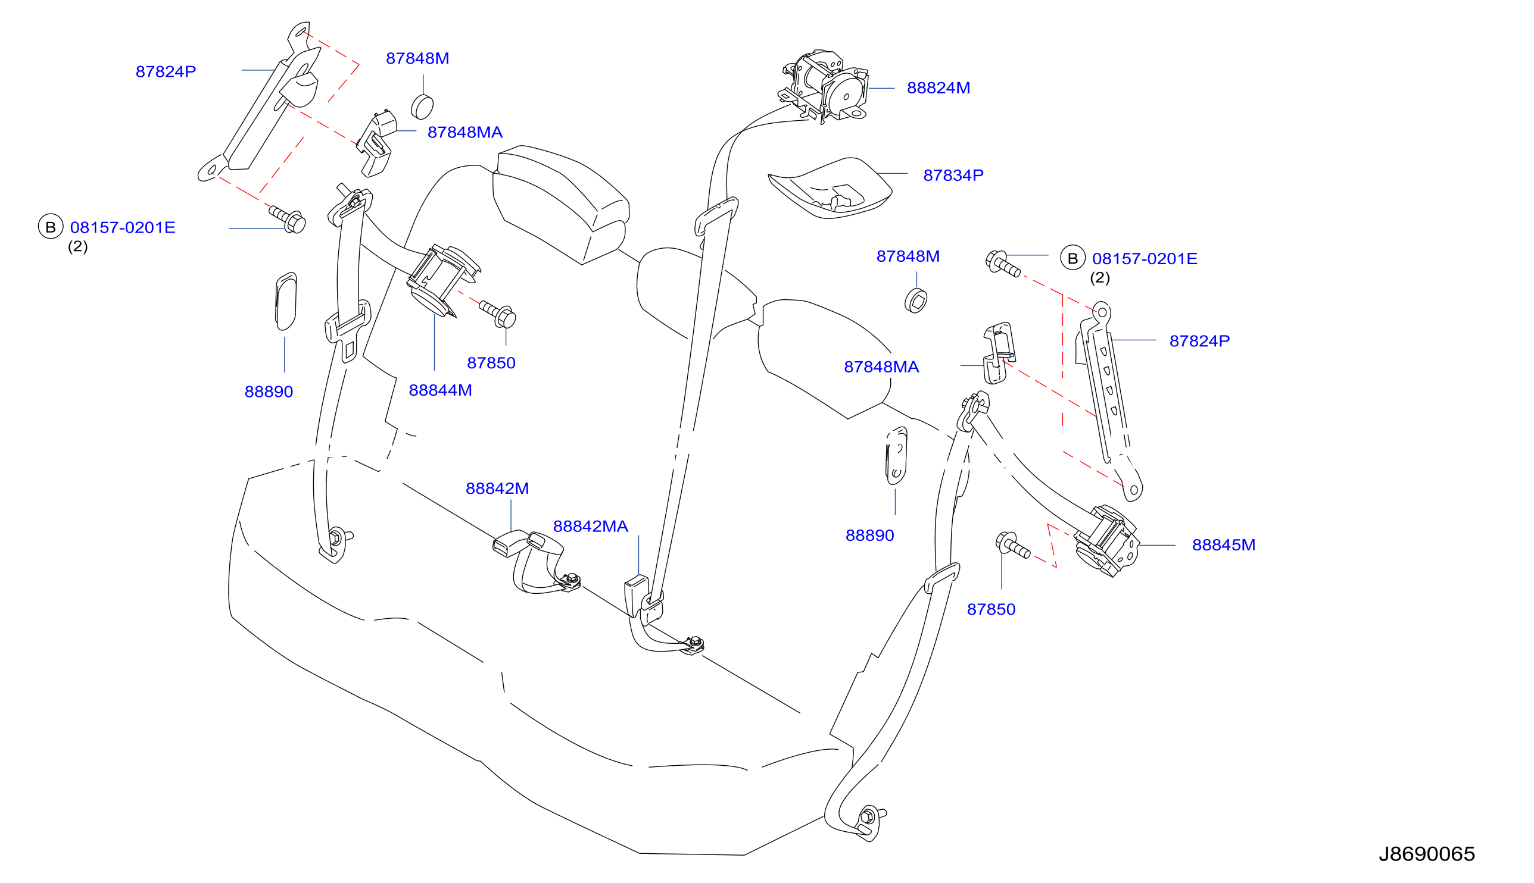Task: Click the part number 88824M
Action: tap(938, 88)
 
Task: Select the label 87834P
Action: tap(953, 176)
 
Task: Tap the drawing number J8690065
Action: tap(1427, 854)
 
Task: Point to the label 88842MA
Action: tap(590, 527)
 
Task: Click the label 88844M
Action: tap(441, 390)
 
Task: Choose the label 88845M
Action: tap(1224, 545)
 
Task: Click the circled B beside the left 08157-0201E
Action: tap(51, 227)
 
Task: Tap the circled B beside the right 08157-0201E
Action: tap(1073, 258)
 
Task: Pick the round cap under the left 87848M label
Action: tap(422, 107)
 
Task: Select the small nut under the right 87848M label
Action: tap(916, 300)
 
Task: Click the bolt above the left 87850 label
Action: tap(498, 314)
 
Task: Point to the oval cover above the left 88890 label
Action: tap(286, 302)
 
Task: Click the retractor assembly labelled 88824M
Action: tap(825, 86)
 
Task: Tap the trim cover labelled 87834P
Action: tap(830, 188)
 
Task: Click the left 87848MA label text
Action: tap(465, 132)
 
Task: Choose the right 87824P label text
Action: tap(1200, 341)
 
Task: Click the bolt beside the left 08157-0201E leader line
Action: tap(288, 219)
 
